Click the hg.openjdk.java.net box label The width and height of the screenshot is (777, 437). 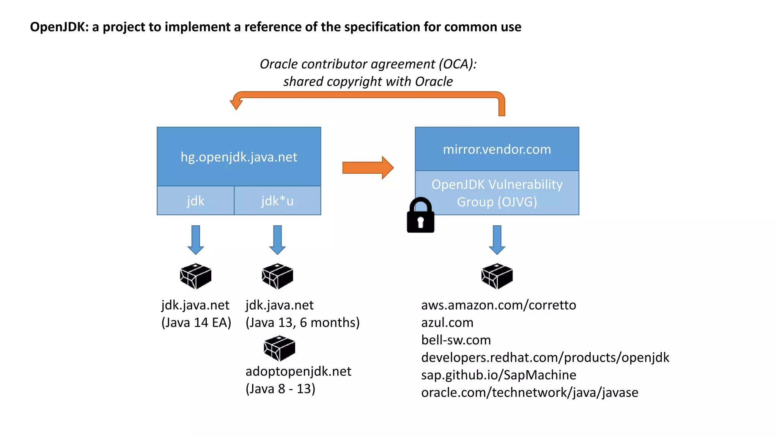pyautogui.click(x=239, y=157)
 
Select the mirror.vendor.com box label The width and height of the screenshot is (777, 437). pyautogui.click(x=497, y=149)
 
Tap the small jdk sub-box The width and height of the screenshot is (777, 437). pyautogui.click(x=195, y=201)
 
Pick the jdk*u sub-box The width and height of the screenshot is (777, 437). pyautogui.click(x=277, y=201)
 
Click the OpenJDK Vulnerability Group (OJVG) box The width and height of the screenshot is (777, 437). pyautogui.click(x=497, y=193)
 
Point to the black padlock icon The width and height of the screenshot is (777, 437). pyautogui.click(x=420, y=216)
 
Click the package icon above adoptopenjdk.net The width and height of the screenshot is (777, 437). pyautogui.click(x=279, y=348)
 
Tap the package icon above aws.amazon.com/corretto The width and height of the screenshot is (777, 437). pyautogui.click(x=497, y=276)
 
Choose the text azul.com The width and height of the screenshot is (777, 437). pyautogui.click(x=447, y=322)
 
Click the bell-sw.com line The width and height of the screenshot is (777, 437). pyautogui.click(x=456, y=340)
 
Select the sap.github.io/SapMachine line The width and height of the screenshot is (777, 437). pyautogui.click(x=498, y=375)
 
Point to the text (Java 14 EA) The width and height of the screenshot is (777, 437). pyautogui.click(x=196, y=322)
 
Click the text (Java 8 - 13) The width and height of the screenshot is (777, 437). pyautogui.click(x=280, y=388)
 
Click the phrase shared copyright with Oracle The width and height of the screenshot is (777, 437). pyautogui.click(x=368, y=81)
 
